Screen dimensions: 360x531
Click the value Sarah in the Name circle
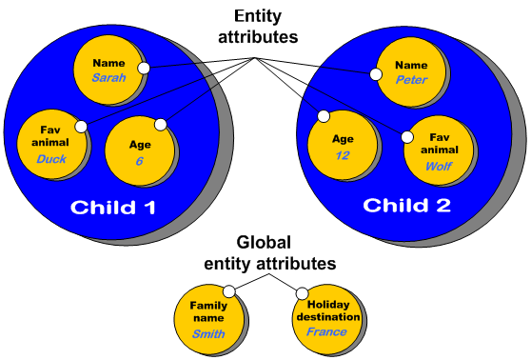click(x=108, y=79)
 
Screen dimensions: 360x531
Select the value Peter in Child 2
click(x=412, y=80)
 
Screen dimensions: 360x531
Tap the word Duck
click(x=50, y=159)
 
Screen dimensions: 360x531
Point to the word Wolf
click(x=438, y=165)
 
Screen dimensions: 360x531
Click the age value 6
click(x=139, y=161)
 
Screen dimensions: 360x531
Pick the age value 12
click(x=343, y=154)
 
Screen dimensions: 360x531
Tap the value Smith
click(x=208, y=334)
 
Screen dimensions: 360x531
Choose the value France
click(x=327, y=332)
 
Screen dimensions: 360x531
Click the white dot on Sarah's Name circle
click(x=143, y=68)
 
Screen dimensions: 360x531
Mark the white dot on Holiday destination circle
click(x=302, y=293)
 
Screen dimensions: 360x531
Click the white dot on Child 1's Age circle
click(x=160, y=123)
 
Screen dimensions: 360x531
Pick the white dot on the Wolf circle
click(x=406, y=136)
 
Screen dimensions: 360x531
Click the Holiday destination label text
click(x=326, y=310)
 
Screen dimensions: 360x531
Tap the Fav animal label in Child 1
click(x=50, y=136)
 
